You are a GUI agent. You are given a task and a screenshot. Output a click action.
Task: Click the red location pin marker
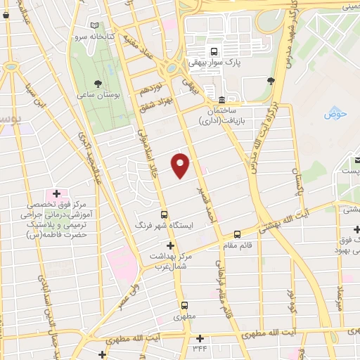pyautogui.click(x=181, y=165)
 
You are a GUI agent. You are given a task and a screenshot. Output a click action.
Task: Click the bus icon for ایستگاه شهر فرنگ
pyautogui.click(x=164, y=215)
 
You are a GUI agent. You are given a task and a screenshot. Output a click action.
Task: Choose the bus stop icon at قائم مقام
pyautogui.click(x=237, y=233)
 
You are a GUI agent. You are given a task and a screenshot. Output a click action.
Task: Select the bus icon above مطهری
pyautogui.click(x=184, y=306)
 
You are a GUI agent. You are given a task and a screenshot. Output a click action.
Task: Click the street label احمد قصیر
pyautogui.click(x=205, y=202)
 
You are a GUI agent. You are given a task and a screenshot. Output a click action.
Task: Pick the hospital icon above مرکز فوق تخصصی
pyautogui.click(x=56, y=193)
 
